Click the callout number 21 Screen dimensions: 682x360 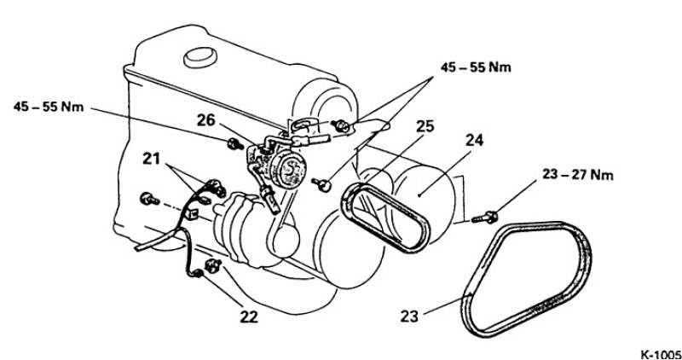coord(153,160)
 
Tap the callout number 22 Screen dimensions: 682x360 coord(249,316)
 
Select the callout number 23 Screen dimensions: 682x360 coord(409,316)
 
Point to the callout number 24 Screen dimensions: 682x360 coord(474,140)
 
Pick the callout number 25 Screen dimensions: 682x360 coord(425,126)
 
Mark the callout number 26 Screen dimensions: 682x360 coord(206,120)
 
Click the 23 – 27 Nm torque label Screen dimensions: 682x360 coord(578,175)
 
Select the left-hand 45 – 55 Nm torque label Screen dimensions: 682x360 coord(49,107)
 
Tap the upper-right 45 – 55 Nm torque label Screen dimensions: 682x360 coord(476,67)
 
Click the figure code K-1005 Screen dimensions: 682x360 coord(661,354)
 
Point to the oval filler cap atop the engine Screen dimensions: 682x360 coord(200,57)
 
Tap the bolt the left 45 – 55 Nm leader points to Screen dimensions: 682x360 coord(235,143)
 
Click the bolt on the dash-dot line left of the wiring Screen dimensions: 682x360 coord(149,200)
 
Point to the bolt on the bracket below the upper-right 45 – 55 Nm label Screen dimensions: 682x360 coord(340,125)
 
